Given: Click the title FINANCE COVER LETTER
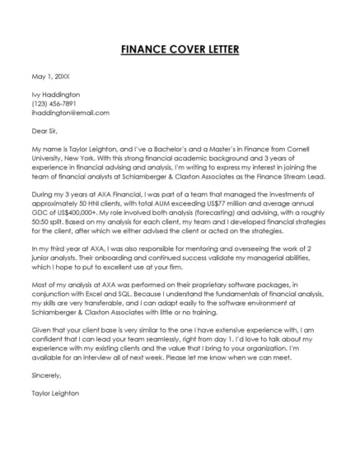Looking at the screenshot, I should [x=180, y=49].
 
